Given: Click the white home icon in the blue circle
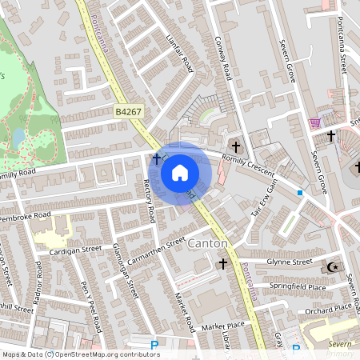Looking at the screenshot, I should pos(180,173).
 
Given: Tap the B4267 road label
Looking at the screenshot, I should pos(129,114).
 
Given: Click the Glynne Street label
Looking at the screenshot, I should pos(289,262).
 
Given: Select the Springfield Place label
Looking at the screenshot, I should pos(298,286).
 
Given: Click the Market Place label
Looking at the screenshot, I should pos(222,326).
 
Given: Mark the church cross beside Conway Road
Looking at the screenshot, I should pos(235,146).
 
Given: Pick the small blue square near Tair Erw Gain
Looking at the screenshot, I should pos(300,193).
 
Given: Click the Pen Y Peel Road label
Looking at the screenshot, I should pos(90,306).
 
